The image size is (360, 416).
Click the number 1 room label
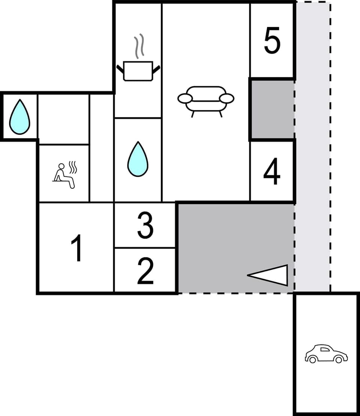click(77, 248)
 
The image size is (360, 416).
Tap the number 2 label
click(145, 271)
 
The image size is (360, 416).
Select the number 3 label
click(145, 226)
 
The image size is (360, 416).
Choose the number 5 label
click(272, 41)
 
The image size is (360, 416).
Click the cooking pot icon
click(138, 71)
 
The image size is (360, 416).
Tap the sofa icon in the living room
click(205, 99)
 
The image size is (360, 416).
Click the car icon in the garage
click(326, 354)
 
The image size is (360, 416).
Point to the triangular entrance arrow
click(272, 275)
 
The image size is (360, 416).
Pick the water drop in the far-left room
click(19, 117)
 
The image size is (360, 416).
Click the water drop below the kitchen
click(138, 159)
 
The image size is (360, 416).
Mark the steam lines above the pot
click(139, 46)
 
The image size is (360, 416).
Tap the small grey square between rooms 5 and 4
click(272, 109)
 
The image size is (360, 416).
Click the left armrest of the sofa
click(184, 99)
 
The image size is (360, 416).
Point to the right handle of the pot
click(156, 69)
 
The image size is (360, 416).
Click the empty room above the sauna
click(64, 119)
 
